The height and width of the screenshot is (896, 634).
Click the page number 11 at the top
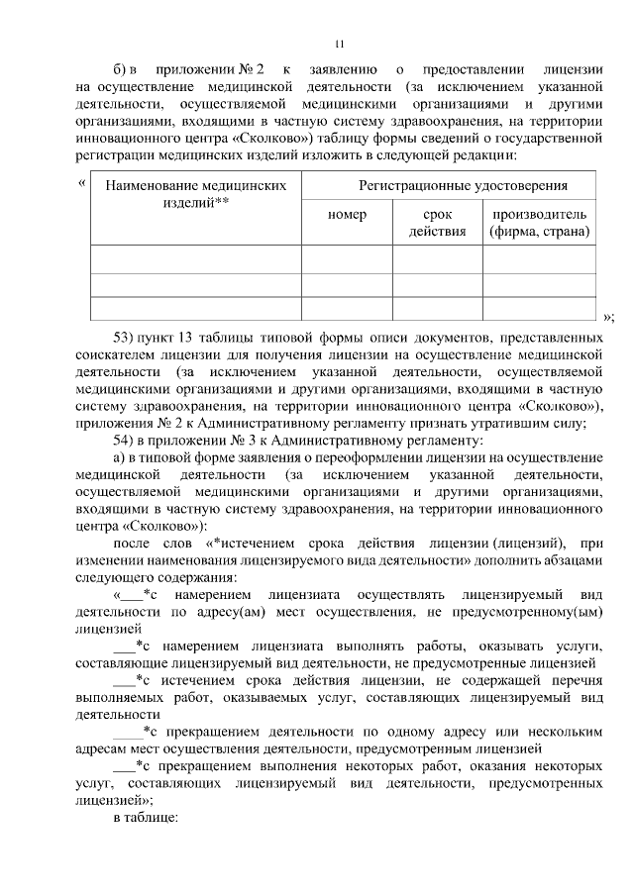pyautogui.click(x=338, y=44)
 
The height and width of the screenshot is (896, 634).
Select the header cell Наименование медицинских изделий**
pyautogui.click(x=196, y=194)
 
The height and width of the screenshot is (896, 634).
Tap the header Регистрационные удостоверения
pyautogui.click(x=449, y=185)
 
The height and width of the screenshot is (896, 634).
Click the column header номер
pyautogui.click(x=347, y=214)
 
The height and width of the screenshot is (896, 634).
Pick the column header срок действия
pyautogui.click(x=437, y=223)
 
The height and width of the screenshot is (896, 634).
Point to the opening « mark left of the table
pyautogui.click(x=81, y=184)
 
